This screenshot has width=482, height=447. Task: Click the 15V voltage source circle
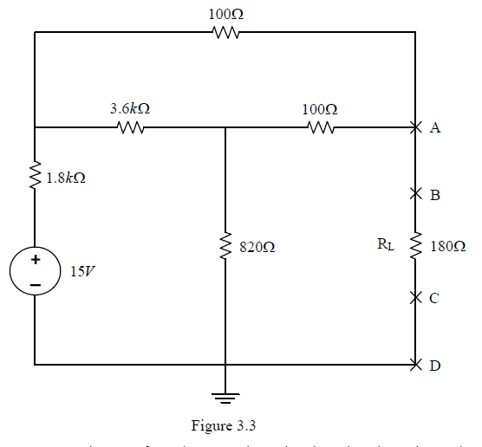[x=36, y=269]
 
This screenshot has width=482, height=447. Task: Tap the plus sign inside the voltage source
[x=36, y=259]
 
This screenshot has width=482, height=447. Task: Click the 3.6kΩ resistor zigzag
[x=130, y=128]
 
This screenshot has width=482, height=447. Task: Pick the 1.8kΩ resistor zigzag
[x=36, y=177]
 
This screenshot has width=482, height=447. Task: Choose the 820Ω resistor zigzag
[x=225, y=246]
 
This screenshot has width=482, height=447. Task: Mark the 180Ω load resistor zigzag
[x=416, y=246]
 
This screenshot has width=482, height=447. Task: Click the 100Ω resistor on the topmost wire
[x=225, y=34]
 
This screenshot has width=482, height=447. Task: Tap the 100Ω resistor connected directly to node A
[x=321, y=128]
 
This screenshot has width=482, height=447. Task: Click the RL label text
[x=385, y=245]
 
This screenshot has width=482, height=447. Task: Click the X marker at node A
[x=416, y=128]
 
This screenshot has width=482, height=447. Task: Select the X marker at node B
[x=416, y=195]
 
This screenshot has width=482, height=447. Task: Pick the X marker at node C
[x=416, y=298]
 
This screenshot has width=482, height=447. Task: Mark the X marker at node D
[x=416, y=365]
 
